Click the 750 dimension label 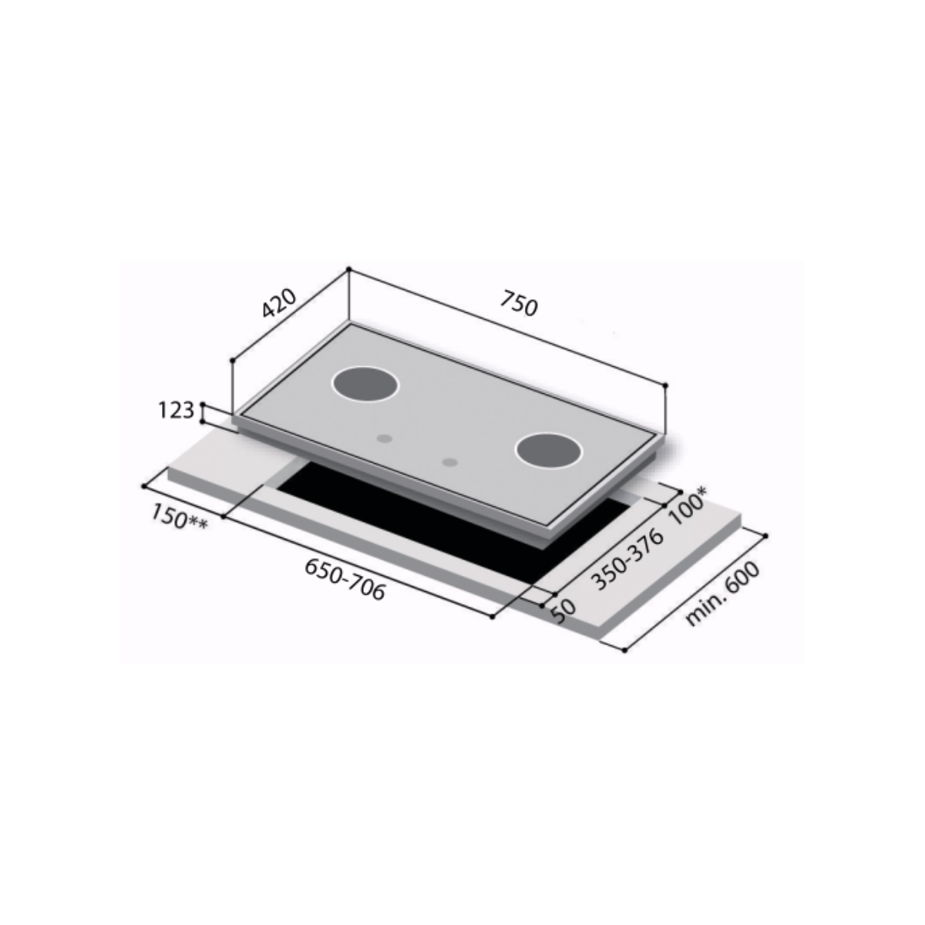(519, 304)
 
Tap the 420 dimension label (278, 304)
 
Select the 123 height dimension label (177, 411)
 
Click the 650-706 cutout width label (345, 579)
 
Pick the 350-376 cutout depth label (626, 560)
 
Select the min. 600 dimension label (722, 594)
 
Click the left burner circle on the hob (366, 383)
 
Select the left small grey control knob (383, 439)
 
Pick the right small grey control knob (450, 462)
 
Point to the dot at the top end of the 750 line (348, 269)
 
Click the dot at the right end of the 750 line (665, 385)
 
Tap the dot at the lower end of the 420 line (232, 360)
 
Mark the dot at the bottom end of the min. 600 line (624, 650)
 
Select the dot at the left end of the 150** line (144, 486)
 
